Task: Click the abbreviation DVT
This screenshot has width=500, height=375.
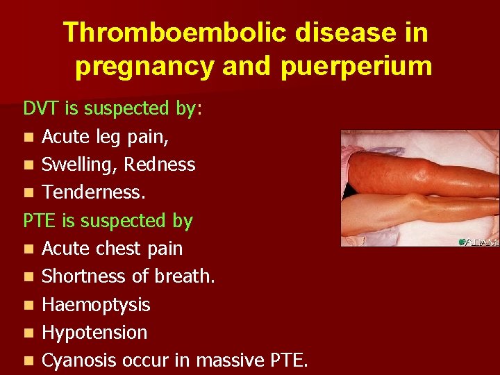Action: [41, 108]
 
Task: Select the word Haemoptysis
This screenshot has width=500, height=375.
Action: [96, 305]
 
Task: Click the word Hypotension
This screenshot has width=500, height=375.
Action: [94, 333]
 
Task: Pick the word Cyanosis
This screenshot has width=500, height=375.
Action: [78, 360]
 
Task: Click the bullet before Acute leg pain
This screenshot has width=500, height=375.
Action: [28, 137]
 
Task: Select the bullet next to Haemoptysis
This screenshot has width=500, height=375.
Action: [28, 306]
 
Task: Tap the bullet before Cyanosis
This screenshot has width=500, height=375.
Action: [28, 361]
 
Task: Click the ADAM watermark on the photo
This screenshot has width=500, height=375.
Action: [478, 241]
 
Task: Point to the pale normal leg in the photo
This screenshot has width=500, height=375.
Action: [424, 208]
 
